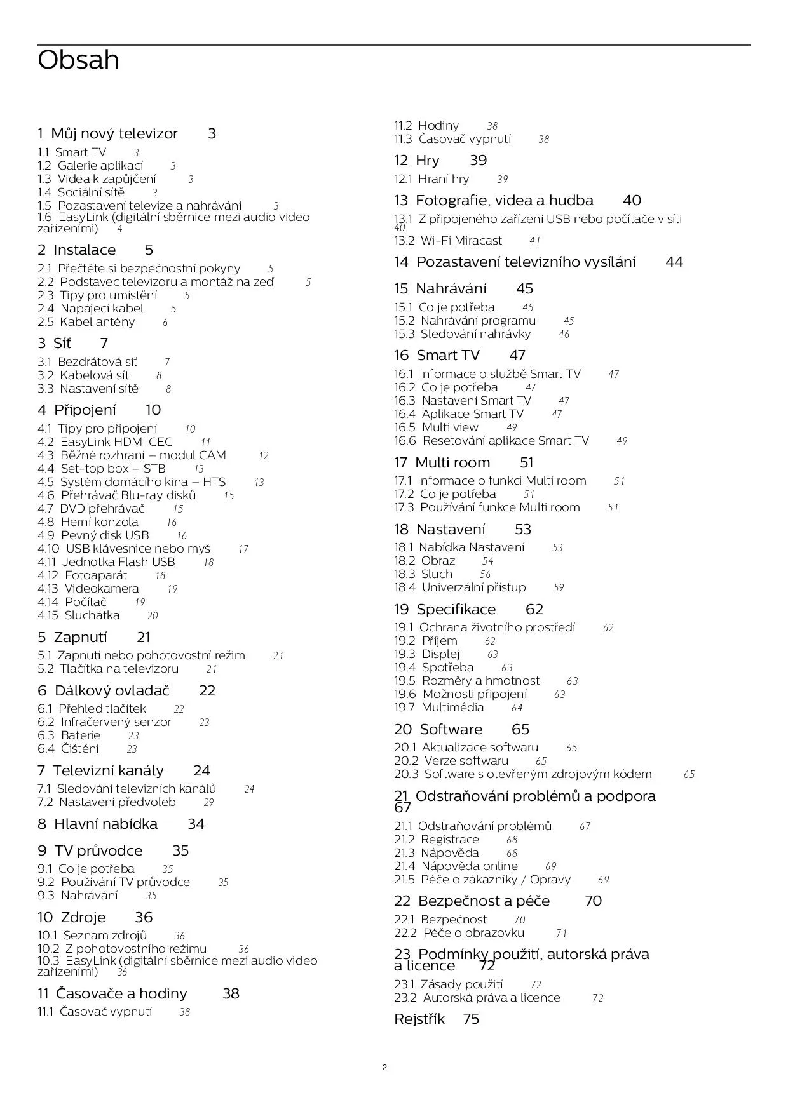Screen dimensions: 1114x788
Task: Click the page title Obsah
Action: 78,60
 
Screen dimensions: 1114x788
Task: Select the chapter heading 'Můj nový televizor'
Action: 114,134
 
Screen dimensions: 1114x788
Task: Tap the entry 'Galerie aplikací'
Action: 100,166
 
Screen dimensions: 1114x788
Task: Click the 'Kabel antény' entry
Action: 97,322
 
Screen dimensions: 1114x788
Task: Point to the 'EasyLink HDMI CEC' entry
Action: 116,442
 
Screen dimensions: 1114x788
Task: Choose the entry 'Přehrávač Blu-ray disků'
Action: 128,495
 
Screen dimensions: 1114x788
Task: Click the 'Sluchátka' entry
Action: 92,615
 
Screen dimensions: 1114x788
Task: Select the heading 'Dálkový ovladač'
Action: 112,691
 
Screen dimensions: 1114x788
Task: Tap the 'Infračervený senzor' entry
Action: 116,722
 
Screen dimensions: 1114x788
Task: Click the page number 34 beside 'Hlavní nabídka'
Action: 196,824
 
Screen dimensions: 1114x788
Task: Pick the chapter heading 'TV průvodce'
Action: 98,851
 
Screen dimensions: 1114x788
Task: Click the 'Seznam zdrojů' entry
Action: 105,936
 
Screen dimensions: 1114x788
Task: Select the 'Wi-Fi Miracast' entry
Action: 461,241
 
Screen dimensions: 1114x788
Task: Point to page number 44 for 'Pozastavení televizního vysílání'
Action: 674,262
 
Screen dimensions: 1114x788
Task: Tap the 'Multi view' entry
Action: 450,427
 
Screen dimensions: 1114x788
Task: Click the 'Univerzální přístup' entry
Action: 473,587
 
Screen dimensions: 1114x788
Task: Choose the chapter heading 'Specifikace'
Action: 456,610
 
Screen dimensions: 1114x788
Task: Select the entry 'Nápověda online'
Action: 469,866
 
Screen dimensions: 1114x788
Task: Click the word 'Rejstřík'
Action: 419,1019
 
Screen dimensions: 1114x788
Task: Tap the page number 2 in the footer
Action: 384,1067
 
